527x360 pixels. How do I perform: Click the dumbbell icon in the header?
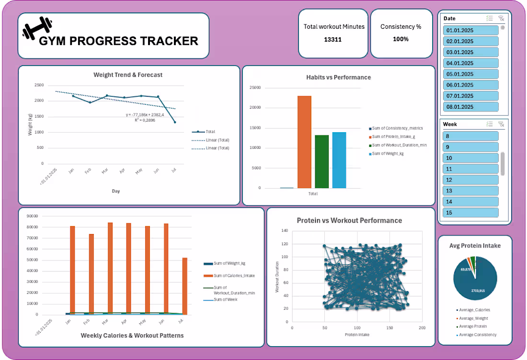pyautogui.click(x=37, y=28)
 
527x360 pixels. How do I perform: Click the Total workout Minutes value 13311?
pyautogui.click(x=332, y=39)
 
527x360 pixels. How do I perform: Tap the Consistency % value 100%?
pyautogui.click(x=401, y=39)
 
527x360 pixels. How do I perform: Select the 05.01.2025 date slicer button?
pyautogui.click(x=470, y=74)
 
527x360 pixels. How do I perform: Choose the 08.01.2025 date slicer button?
pyautogui.click(x=470, y=107)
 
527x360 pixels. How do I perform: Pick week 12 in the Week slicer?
pyautogui.click(x=470, y=180)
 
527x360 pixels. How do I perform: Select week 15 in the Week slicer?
pyautogui.click(x=470, y=213)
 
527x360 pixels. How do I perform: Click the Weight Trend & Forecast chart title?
pyautogui.click(x=128, y=75)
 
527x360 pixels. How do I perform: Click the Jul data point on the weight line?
pyautogui.click(x=174, y=122)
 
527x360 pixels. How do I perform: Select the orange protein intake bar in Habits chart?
pyautogui.click(x=304, y=142)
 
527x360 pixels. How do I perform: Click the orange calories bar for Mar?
pyautogui.click(x=110, y=268)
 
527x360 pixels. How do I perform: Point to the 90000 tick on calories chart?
pyautogui.click(x=32, y=216)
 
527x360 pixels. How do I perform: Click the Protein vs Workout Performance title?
pyautogui.click(x=349, y=221)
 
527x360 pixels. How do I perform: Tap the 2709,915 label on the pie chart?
pyautogui.click(x=479, y=290)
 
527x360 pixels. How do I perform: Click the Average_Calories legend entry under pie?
pyautogui.click(x=474, y=310)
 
